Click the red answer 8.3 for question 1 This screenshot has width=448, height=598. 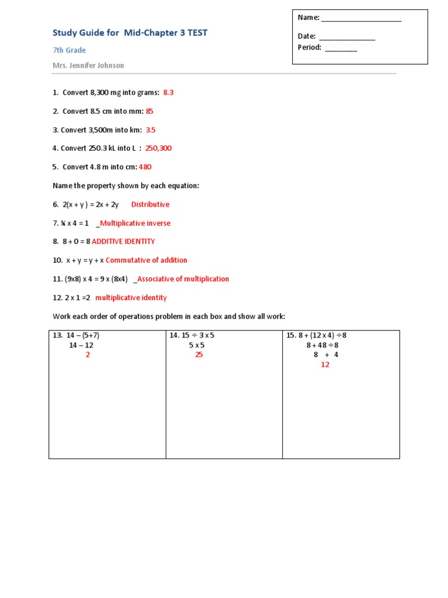169,92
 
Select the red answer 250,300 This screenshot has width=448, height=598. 159,148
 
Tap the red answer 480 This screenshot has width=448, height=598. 145,167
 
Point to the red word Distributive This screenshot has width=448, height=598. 150,204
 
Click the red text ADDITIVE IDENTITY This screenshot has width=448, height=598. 123,241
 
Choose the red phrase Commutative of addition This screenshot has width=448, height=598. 146,260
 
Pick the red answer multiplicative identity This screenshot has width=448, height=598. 131,298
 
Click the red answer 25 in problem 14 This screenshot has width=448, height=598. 199,354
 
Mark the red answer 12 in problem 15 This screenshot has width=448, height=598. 325,364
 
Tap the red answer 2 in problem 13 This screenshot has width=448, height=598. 87,354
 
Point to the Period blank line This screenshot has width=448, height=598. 341,49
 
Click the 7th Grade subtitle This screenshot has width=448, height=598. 69,51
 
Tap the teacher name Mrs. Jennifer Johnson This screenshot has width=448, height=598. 89,65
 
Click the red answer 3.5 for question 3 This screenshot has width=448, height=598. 150,130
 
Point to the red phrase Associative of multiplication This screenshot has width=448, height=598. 183,279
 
